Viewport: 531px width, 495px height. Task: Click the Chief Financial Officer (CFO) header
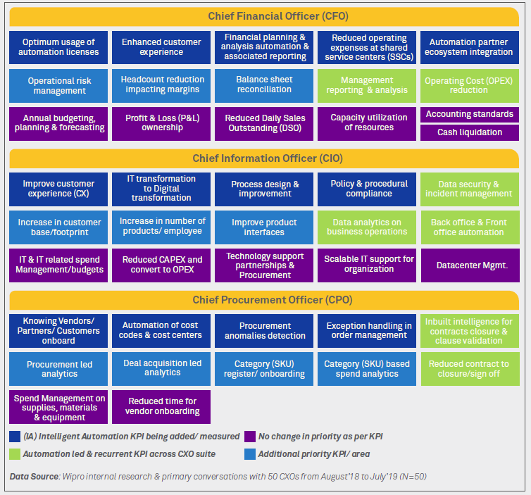(265, 16)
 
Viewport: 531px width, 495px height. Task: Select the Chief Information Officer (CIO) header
(265, 158)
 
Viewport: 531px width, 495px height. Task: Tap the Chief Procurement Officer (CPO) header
(265, 301)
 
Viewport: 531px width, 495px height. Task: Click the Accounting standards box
(469, 114)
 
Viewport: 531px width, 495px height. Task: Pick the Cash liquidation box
(469, 132)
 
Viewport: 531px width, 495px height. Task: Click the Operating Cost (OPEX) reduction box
(469, 85)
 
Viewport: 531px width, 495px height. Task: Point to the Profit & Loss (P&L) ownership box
(162, 123)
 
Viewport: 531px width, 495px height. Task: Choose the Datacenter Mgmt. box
(469, 265)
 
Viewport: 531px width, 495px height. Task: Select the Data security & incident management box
(469, 189)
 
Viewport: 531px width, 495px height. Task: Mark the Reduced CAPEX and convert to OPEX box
(162, 265)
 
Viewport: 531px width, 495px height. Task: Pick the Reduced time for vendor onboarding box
(162, 406)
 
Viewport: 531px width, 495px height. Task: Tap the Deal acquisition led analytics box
(162, 368)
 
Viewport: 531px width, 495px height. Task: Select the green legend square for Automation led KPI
(15, 454)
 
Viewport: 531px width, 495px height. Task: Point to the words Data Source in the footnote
(34, 477)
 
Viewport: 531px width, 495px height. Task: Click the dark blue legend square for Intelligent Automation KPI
(15, 437)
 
